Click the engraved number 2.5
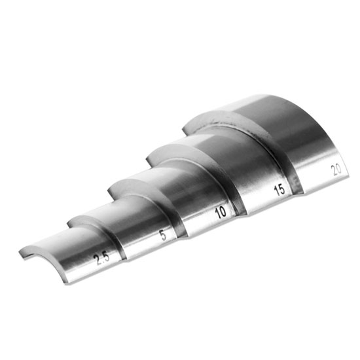click(x=101, y=258)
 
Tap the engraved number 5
click(x=163, y=236)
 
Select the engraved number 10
click(x=220, y=212)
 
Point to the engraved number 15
click(x=279, y=190)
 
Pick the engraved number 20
click(x=336, y=170)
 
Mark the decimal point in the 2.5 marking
click(x=101, y=260)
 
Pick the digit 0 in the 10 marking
click(x=223, y=211)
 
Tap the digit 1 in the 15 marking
click(x=276, y=192)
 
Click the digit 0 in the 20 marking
click(x=339, y=168)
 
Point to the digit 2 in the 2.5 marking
click(x=98, y=260)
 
